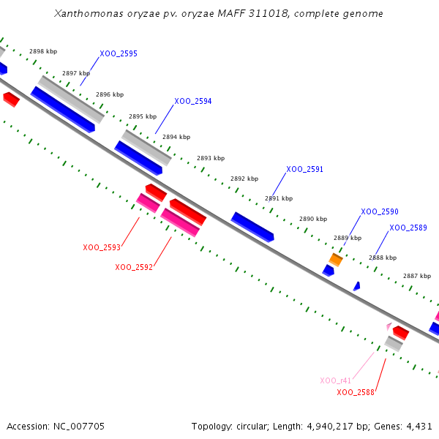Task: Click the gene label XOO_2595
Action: click(119, 54)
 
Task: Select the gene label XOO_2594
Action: click(193, 102)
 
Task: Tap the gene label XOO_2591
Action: click(304, 169)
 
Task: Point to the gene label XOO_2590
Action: click(380, 211)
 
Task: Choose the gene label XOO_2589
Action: click(408, 228)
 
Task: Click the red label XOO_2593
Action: click(102, 247)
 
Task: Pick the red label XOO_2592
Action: click(134, 267)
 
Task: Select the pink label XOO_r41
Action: click(336, 380)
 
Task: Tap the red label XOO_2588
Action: click(356, 392)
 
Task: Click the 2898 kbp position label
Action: click(43, 52)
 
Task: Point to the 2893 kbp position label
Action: click(211, 158)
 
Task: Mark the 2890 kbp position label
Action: click(313, 219)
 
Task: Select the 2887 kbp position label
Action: click(417, 276)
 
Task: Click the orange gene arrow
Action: click(336, 259)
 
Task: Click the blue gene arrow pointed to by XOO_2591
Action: click(252, 227)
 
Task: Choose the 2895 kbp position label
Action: click(143, 116)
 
